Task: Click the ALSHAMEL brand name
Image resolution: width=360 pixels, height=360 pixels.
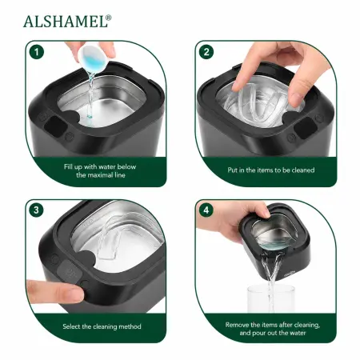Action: point(65,22)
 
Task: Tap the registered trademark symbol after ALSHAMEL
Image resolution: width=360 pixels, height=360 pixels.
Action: point(109,18)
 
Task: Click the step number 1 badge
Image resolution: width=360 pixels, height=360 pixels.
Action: point(37,52)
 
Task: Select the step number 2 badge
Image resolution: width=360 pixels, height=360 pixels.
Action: point(206,52)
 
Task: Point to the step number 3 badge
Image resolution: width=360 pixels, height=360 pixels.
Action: point(37,210)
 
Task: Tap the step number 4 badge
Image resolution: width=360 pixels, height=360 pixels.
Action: point(206,210)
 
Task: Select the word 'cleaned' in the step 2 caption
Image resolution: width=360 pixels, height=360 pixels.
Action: point(303,170)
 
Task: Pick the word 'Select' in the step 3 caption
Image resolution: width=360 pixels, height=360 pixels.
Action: point(71,326)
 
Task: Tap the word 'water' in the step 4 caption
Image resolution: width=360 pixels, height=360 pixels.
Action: point(297,333)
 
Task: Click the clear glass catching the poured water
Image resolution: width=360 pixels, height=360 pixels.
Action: point(271,298)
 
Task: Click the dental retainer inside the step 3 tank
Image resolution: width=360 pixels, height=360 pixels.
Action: point(110,238)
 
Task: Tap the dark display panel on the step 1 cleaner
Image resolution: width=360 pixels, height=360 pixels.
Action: point(55,125)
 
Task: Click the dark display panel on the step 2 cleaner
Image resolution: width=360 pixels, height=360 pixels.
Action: point(306,128)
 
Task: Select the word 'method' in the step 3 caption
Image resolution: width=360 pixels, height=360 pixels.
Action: point(130,326)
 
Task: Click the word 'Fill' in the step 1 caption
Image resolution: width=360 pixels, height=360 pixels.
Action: point(68,167)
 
